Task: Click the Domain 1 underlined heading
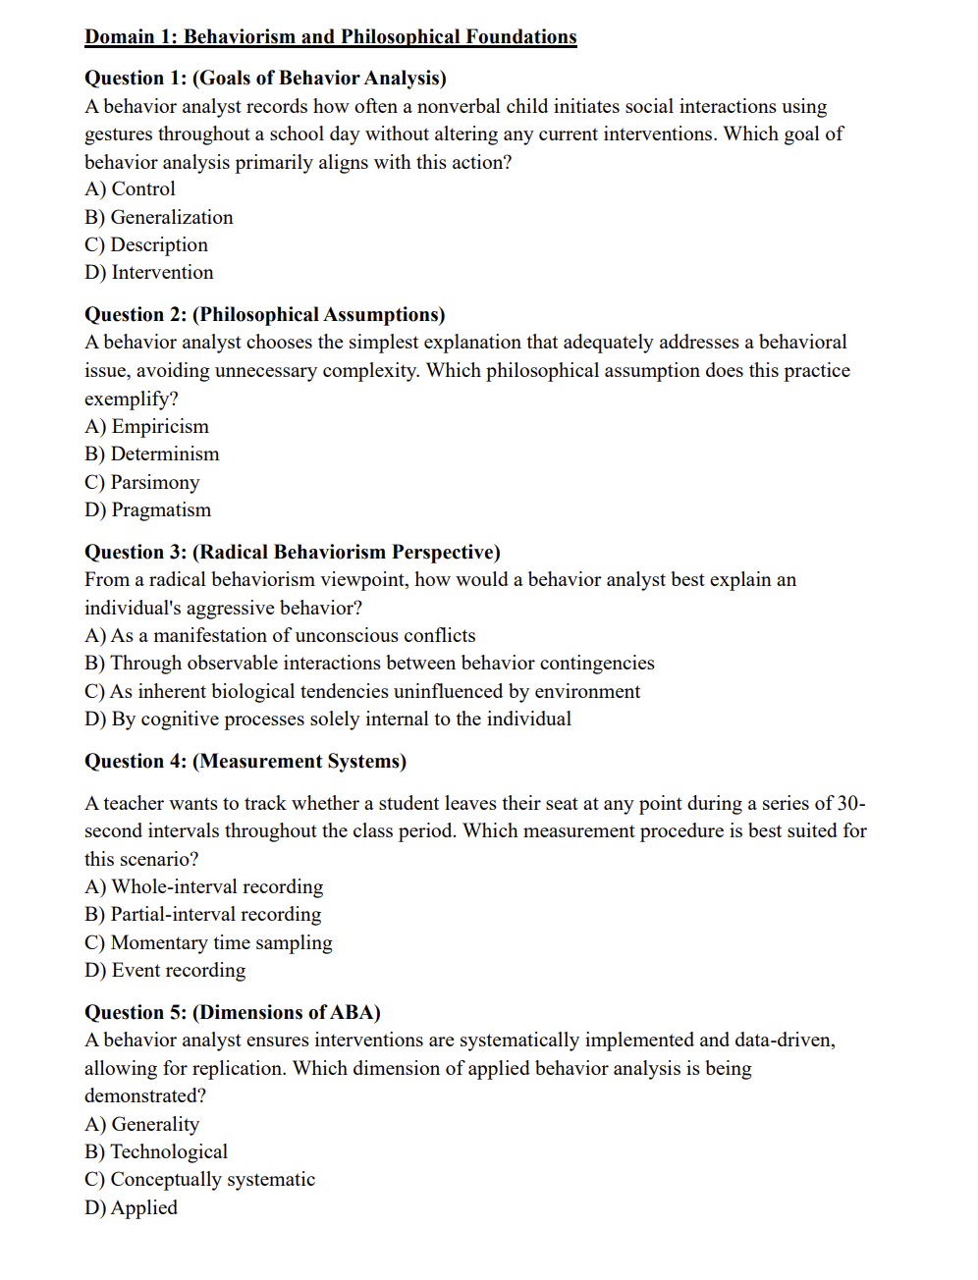click(330, 37)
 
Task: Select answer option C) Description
click(146, 245)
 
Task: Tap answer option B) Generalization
click(159, 218)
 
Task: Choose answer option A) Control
click(131, 189)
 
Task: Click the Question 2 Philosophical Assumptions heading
click(264, 315)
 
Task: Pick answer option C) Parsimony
click(142, 483)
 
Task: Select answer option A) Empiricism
click(147, 427)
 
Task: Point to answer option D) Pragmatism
click(148, 510)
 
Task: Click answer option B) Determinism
click(152, 454)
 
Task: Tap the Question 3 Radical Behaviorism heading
click(292, 553)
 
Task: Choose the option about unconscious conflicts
click(280, 636)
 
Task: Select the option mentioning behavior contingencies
click(369, 664)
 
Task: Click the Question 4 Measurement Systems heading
click(244, 762)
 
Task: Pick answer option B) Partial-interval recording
click(203, 915)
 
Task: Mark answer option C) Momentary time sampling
click(208, 943)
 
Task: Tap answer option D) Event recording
click(165, 971)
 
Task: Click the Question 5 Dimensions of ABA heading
click(232, 1013)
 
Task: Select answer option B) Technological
click(156, 1152)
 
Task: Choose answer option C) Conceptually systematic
click(200, 1180)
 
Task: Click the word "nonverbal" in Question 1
click(459, 107)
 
